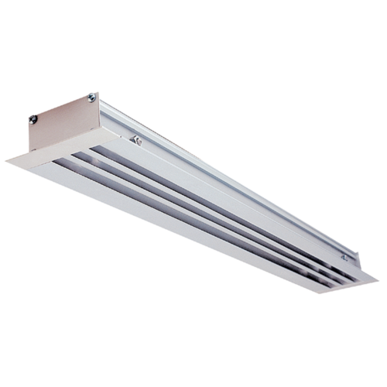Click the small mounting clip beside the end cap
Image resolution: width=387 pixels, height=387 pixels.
[x=136, y=140]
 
